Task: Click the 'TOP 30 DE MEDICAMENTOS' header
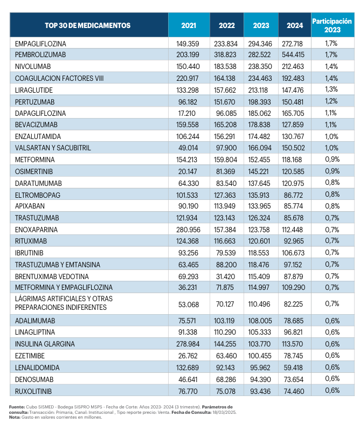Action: tap(88, 25)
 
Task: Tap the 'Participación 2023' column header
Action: tap(331, 25)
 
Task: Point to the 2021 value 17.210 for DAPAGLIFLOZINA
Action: tap(189, 113)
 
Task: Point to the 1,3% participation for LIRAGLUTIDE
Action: tap(331, 89)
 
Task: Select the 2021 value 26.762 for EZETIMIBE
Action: tap(189, 356)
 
